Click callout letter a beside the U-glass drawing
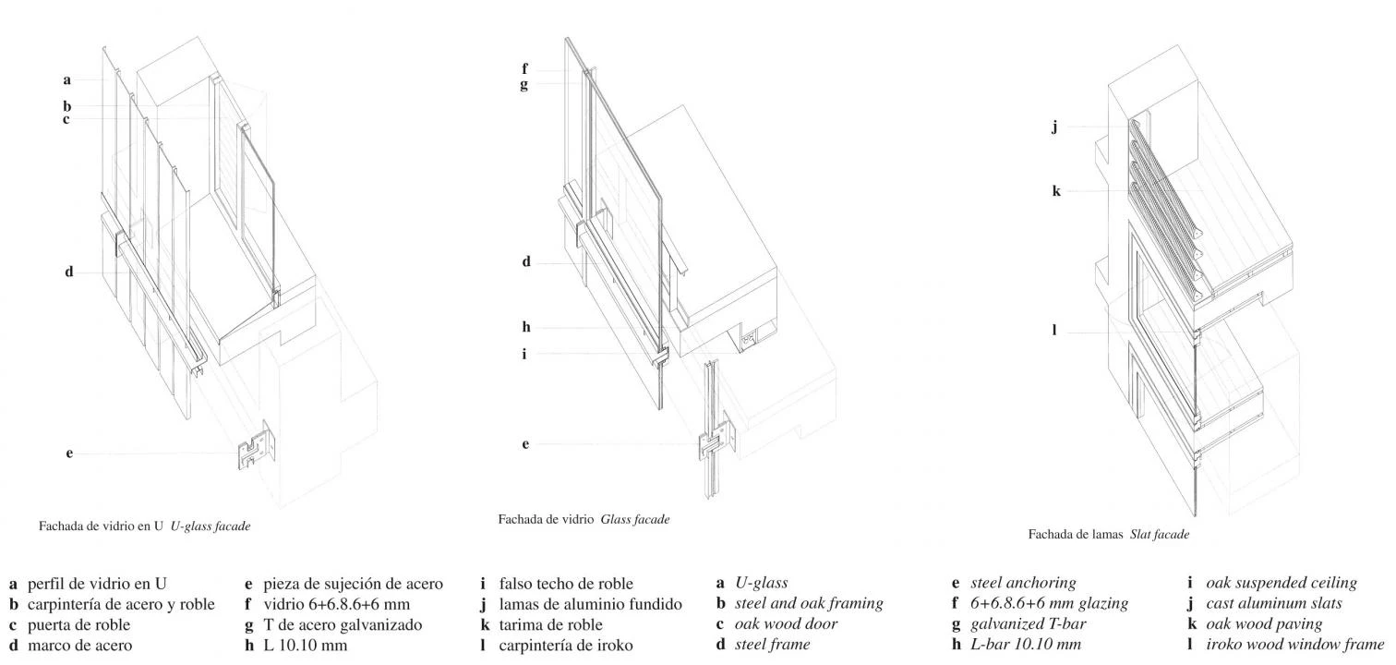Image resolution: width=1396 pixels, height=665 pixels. pyautogui.click(x=66, y=79)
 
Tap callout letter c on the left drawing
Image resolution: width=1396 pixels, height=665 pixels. pyautogui.click(x=66, y=119)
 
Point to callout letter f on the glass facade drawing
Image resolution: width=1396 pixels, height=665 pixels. pyautogui.click(x=524, y=69)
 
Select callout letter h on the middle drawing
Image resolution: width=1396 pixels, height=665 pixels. pyautogui.click(x=525, y=327)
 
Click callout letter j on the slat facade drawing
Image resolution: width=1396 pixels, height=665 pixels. pyautogui.click(x=1054, y=127)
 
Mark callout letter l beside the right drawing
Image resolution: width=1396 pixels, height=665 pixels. pyautogui.click(x=1054, y=331)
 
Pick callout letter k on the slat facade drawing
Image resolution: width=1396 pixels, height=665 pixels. pyautogui.click(x=1056, y=191)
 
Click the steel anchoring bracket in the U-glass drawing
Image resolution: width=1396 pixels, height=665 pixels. pyautogui.click(x=257, y=446)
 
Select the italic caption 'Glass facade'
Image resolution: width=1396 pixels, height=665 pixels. pyautogui.click(x=634, y=520)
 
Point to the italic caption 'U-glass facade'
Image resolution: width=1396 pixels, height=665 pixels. pyautogui.click(x=211, y=526)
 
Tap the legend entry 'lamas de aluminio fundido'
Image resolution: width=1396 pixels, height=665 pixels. pyautogui.click(x=590, y=604)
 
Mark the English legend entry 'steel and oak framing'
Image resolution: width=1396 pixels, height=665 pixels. pyautogui.click(x=809, y=604)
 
